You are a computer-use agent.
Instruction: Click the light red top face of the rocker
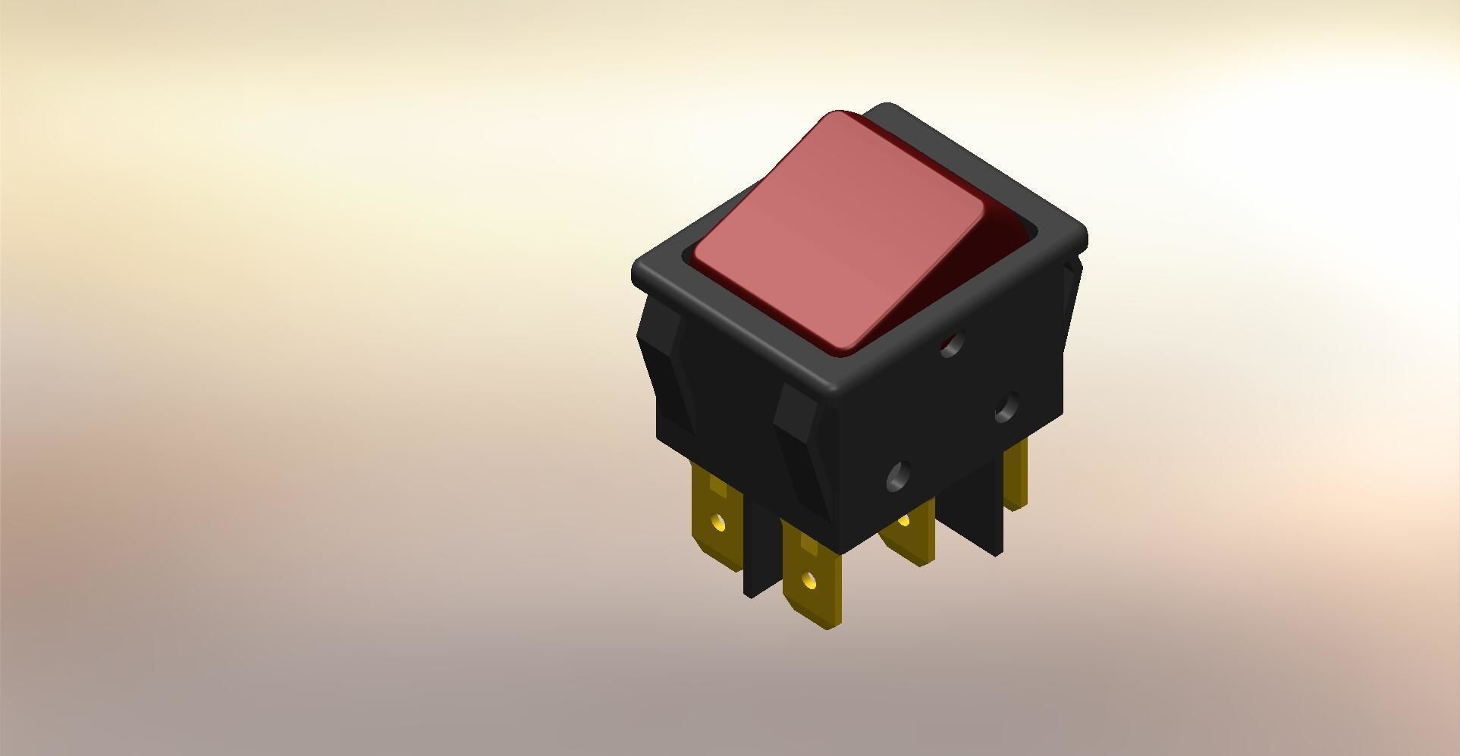(838, 231)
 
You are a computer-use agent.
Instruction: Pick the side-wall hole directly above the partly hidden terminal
(900, 476)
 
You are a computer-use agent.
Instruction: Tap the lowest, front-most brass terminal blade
(812, 576)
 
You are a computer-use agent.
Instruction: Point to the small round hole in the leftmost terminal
(717, 522)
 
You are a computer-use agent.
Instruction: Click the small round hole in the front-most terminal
(808, 582)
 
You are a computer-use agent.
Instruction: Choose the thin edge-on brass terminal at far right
(1016, 474)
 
